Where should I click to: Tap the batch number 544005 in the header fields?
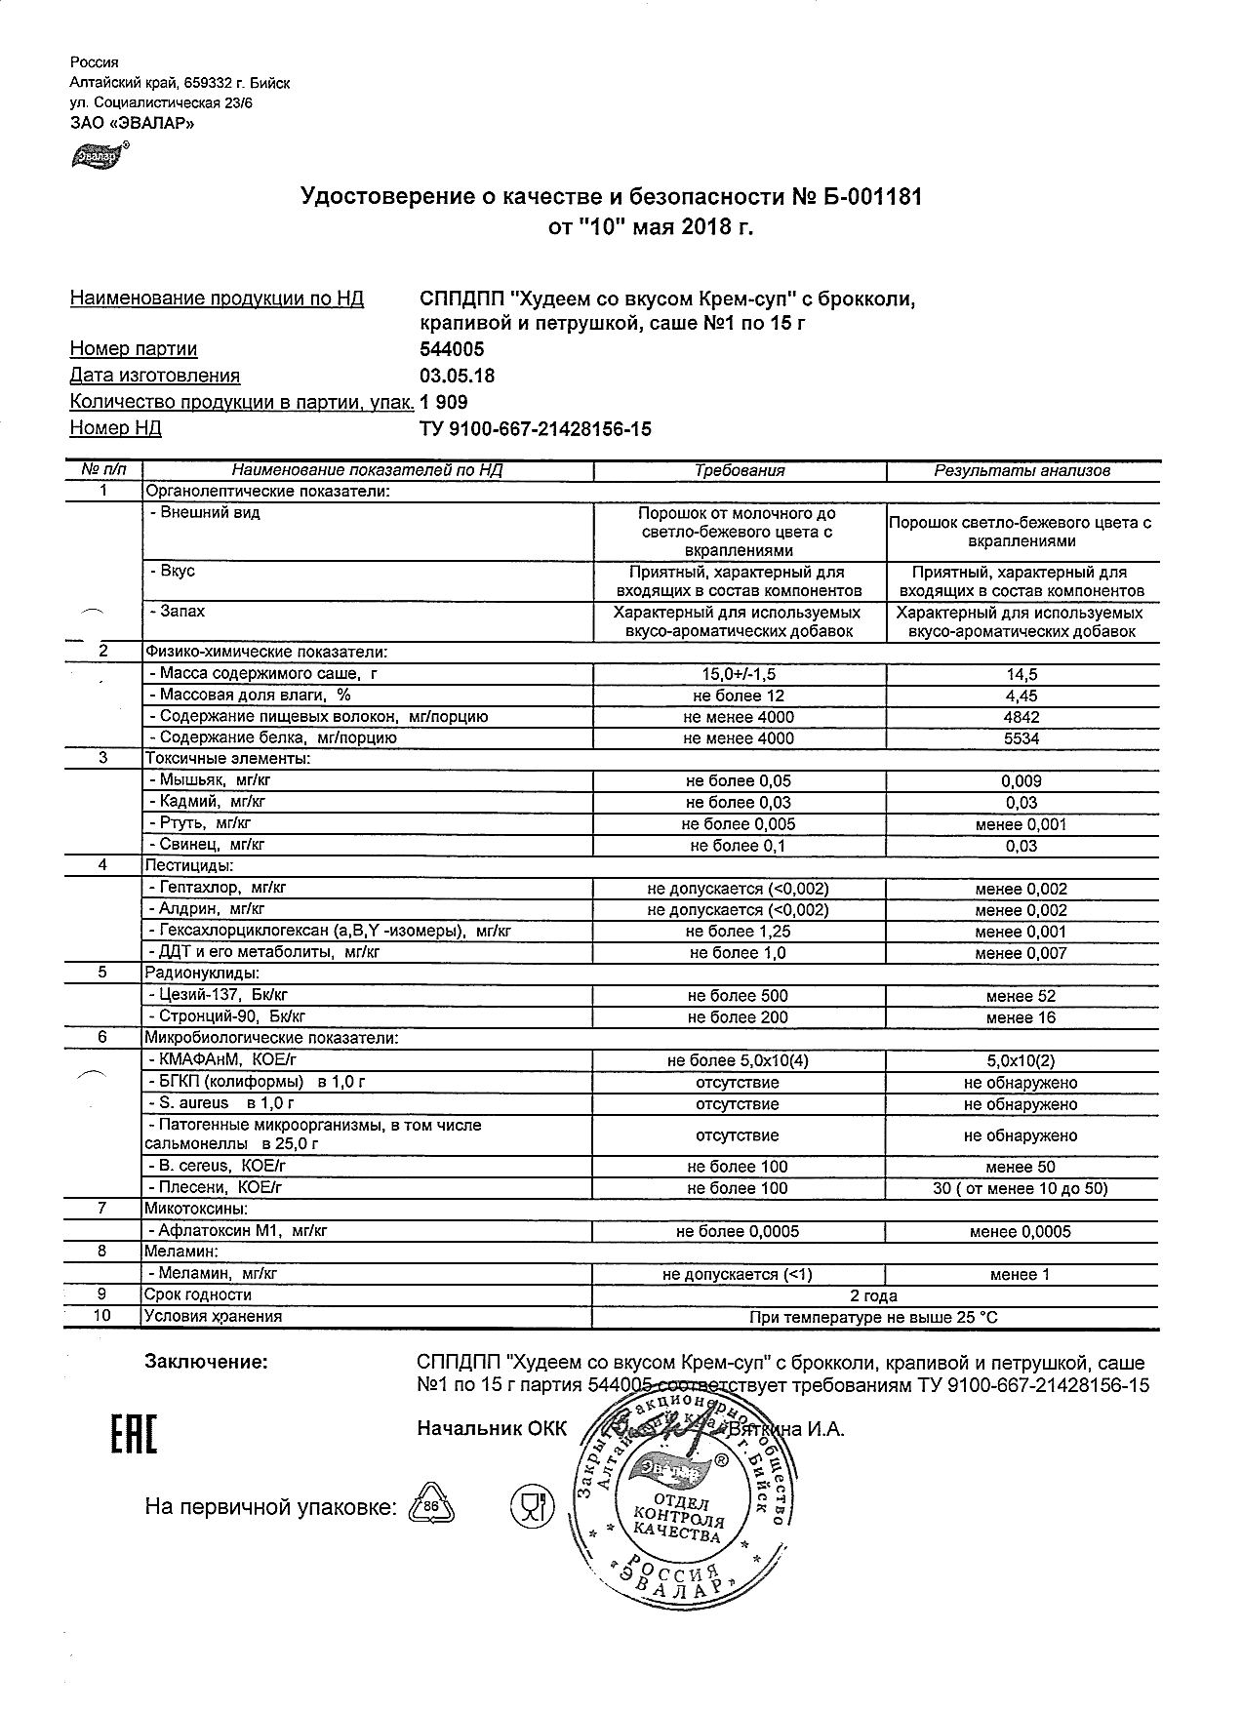coord(452,349)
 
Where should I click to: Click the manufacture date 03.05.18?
coord(457,376)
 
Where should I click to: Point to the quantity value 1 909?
coord(444,402)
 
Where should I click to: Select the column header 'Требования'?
coord(740,470)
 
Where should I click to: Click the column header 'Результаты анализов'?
coord(1022,470)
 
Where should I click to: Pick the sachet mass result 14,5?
coord(1021,674)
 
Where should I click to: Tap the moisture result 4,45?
coord(1021,696)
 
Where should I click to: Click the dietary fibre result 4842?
coord(1021,717)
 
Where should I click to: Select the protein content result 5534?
coord(1021,738)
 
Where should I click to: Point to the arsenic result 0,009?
coord(1021,780)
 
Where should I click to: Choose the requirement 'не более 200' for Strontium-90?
coord(738,1017)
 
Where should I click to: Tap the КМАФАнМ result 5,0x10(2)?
coord(1021,1060)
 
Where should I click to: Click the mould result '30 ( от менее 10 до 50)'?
coord(1021,1188)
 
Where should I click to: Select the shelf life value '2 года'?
coord(873,1295)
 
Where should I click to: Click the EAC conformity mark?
coord(129,1430)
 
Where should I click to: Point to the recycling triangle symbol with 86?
coord(430,1506)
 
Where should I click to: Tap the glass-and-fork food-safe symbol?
coord(531,1507)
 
